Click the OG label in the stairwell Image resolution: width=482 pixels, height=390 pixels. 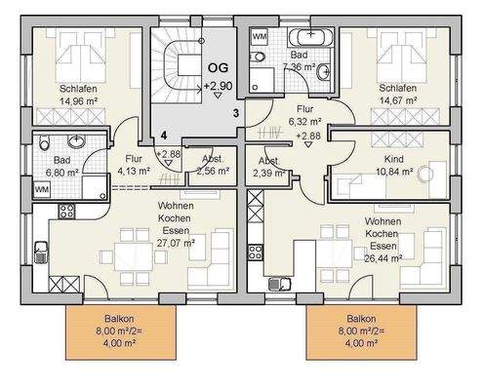(219, 68)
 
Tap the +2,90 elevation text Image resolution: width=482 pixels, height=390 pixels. (219, 86)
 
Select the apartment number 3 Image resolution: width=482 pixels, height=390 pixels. (236, 113)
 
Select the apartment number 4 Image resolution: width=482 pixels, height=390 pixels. (164, 136)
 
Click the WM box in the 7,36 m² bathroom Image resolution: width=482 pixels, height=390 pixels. (260, 36)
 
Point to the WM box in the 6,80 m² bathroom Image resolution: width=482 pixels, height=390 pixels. (42, 189)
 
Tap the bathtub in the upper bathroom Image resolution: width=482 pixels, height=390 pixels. (310, 37)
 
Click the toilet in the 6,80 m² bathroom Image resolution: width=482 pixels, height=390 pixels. (44, 142)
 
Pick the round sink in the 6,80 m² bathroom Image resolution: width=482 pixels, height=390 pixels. (77, 141)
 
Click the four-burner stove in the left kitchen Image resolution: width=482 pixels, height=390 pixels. (66, 211)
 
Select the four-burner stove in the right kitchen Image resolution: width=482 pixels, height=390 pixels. (256, 253)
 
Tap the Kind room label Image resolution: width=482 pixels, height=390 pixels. (394, 159)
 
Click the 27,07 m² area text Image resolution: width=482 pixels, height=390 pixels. (176, 243)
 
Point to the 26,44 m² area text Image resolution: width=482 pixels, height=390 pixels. (382, 258)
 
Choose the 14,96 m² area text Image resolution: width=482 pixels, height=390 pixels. (79, 101)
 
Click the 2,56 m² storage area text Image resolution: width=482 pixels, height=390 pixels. (213, 171)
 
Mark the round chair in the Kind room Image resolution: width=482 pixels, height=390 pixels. (425, 174)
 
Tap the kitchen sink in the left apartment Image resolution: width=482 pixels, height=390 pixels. (41, 252)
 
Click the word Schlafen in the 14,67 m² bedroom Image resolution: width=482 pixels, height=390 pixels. (398, 88)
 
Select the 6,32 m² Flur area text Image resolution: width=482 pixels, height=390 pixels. (305, 122)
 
